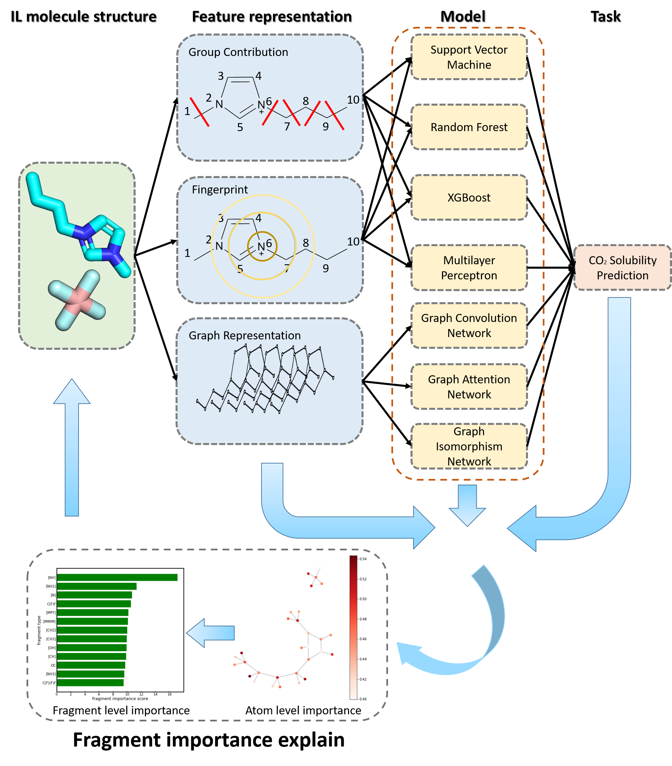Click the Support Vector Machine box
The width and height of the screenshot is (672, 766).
click(469, 57)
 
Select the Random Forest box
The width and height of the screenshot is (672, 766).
click(469, 127)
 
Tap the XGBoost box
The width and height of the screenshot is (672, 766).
click(469, 198)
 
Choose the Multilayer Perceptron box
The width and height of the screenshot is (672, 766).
click(469, 268)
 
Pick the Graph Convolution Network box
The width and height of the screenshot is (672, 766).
click(469, 325)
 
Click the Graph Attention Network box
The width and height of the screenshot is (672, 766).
click(469, 386)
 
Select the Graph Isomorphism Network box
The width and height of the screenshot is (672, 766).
click(469, 446)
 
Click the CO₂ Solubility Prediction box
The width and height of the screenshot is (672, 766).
click(622, 268)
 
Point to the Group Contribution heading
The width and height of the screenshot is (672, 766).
click(238, 52)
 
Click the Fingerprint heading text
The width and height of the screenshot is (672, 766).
click(220, 189)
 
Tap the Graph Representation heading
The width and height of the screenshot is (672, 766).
click(244, 335)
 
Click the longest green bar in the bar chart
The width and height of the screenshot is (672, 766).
click(117, 577)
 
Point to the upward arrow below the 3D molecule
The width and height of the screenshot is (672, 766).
click(72, 450)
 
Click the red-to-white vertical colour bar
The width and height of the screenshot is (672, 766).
click(353, 628)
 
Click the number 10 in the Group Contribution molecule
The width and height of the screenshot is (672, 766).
click(353, 100)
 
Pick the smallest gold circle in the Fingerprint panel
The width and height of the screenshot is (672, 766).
click(262, 246)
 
